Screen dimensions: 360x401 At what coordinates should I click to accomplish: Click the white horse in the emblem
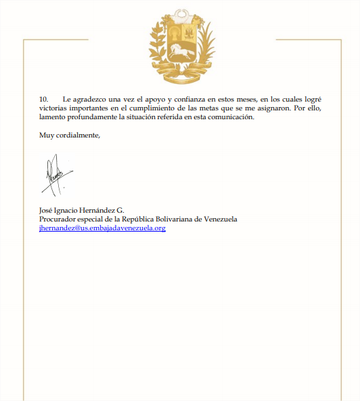coord(180,51)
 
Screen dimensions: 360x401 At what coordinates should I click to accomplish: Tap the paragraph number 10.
coord(44,100)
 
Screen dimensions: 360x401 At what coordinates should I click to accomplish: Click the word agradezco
coord(90,100)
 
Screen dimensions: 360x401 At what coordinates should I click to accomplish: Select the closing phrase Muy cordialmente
coord(70,135)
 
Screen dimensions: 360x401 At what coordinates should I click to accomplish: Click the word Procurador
coord(58,219)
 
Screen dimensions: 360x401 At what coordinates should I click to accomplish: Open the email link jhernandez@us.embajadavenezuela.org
coord(102,228)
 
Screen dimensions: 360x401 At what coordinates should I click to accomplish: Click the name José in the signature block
coord(47,210)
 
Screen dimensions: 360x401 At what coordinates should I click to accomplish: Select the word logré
coord(311,100)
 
